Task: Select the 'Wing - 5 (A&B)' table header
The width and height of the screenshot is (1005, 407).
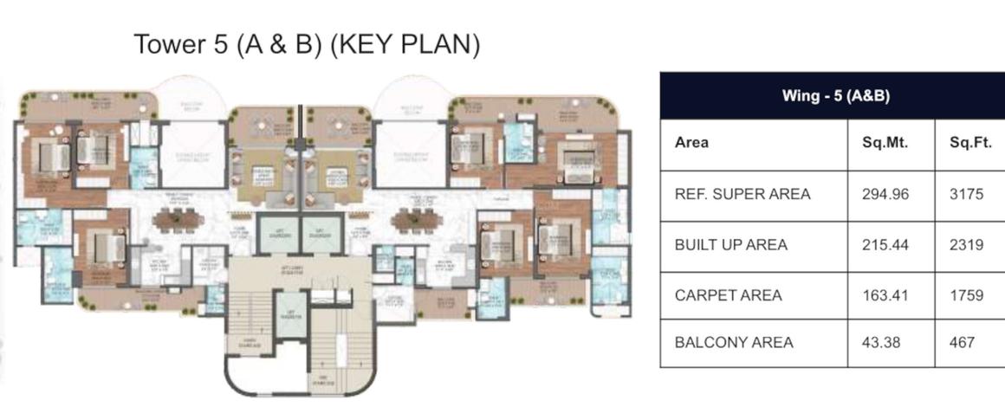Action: pos(836,95)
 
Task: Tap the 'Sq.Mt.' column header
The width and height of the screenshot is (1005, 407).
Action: pos(885,143)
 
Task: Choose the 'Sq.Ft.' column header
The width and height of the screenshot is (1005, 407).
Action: pos(970,143)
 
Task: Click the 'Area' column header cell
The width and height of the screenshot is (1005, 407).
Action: pos(691,143)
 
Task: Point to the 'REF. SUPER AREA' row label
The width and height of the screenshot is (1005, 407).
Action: pos(742,194)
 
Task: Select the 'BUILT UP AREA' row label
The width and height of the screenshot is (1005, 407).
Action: pos(731,245)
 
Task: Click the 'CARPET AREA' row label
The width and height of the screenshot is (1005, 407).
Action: pos(728,295)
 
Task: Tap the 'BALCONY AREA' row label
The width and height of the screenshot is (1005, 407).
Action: pos(734,342)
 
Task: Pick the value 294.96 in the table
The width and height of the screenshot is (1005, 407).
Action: pos(885,194)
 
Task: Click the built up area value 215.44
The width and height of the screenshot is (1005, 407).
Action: pos(885,245)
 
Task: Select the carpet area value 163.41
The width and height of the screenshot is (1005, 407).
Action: pos(885,295)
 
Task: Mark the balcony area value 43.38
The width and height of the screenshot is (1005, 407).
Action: pos(880,342)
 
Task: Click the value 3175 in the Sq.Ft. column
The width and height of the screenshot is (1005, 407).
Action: pos(966,194)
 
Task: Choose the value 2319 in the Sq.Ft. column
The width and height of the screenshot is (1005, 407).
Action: pos(966,245)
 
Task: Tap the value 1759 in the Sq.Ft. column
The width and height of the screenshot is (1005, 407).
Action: pos(966,295)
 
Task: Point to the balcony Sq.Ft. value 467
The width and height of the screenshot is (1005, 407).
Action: pos(963,342)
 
